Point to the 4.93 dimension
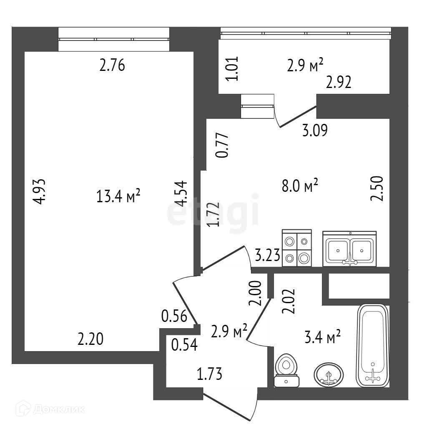click(x=40, y=191)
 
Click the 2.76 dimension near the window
click(x=112, y=65)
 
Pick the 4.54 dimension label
click(x=181, y=193)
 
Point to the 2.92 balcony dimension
click(x=339, y=83)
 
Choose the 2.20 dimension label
click(x=90, y=339)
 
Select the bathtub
click(x=373, y=346)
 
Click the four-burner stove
click(x=297, y=248)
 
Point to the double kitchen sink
click(x=349, y=249)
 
